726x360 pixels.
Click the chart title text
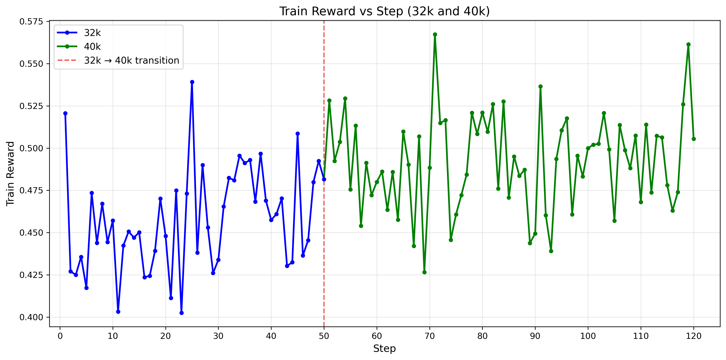coord(384,11)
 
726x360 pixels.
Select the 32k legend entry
coord(92,33)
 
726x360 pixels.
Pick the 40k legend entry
coord(92,47)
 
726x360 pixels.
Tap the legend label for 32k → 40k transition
coord(131,60)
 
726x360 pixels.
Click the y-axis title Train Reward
coord(10,174)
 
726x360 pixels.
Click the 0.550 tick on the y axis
coord(31,64)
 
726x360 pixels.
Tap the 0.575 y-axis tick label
coord(31,22)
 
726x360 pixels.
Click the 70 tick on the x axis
coord(429,336)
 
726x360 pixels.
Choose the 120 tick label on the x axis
coord(694,336)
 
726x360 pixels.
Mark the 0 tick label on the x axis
coord(60,336)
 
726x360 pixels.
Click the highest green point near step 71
coord(435,34)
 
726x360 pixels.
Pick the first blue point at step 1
coord(65,113)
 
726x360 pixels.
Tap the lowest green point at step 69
coord(424,272)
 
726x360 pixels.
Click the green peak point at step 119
coord(688,45)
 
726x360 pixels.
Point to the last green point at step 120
coord(694,139)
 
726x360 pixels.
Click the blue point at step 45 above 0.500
coord(298,134)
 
